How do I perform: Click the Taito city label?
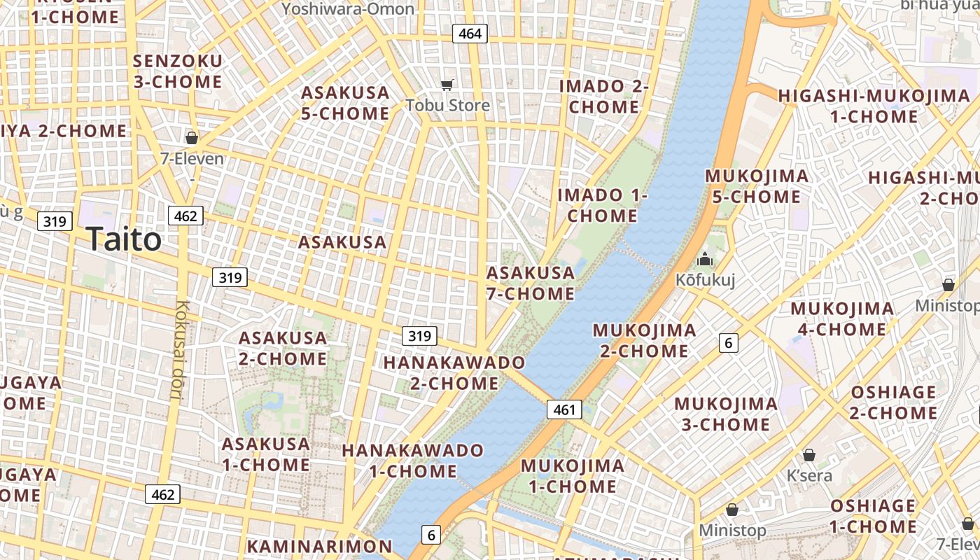[x=125, y=240]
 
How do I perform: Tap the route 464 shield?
[x=469, y=33]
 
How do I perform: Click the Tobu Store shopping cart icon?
[x=447, y=85]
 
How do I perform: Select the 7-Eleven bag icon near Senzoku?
[x=191, y=138]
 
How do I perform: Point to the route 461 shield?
[x=564, y=409]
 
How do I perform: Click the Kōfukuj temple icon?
[x=704, y=260]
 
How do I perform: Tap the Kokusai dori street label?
[x=180, y=350]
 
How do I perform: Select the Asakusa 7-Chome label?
[x=531, y=283]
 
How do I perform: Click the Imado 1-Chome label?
[x=602, y=205]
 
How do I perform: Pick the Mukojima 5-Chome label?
[x=757, y=186]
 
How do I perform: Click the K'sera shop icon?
[x=809, y=456]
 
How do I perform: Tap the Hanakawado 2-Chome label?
[x=454, y=372]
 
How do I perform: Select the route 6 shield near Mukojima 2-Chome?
[x=728, y=343]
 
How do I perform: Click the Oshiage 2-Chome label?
[x=893, y=402]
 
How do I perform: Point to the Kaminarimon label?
[x=319, y=546]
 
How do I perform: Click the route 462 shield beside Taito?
[x=185, y=216]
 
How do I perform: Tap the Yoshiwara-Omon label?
[x=348, y=8]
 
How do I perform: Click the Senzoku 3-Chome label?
[x=178, y=71]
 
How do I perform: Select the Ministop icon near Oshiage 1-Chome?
[x=732, y=510]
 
